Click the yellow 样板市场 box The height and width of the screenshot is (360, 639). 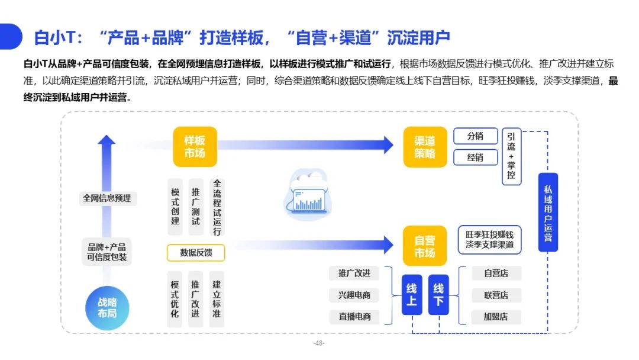pos(195,147)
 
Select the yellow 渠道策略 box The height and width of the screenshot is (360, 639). pos(425,147)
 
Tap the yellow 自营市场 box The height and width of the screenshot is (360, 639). pos(425,246)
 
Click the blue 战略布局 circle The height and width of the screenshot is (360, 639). pos(107,308)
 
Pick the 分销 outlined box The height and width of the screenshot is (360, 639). pos(476,136)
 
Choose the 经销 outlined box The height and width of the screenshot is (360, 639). pos(476,157)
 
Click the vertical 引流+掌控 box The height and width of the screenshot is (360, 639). pos(511,156)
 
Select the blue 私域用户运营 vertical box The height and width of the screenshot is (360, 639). pos(548,213)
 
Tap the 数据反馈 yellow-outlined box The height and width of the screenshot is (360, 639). pos(196,253)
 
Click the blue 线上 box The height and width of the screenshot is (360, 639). pos(412,295)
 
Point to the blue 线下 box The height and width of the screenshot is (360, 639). pos(438,295)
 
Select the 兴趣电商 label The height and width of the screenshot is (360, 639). pos(354,295)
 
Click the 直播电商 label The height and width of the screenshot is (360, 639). pos(354,317)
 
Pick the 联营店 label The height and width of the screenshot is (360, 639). pos(496,295)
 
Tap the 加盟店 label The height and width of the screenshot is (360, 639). pos(496,317)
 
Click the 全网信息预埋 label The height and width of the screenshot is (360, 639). pos(107,198)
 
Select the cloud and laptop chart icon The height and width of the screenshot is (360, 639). pos(308,194)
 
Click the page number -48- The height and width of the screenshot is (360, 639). pos(319,343)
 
